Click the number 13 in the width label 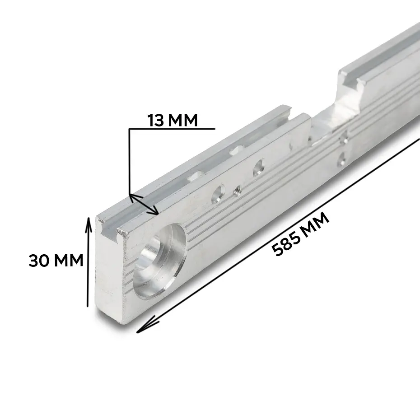[156, 120]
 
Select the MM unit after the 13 [183, 120]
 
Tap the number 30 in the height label [38, 260]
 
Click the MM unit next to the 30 [69, 260]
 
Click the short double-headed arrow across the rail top [144, 205]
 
